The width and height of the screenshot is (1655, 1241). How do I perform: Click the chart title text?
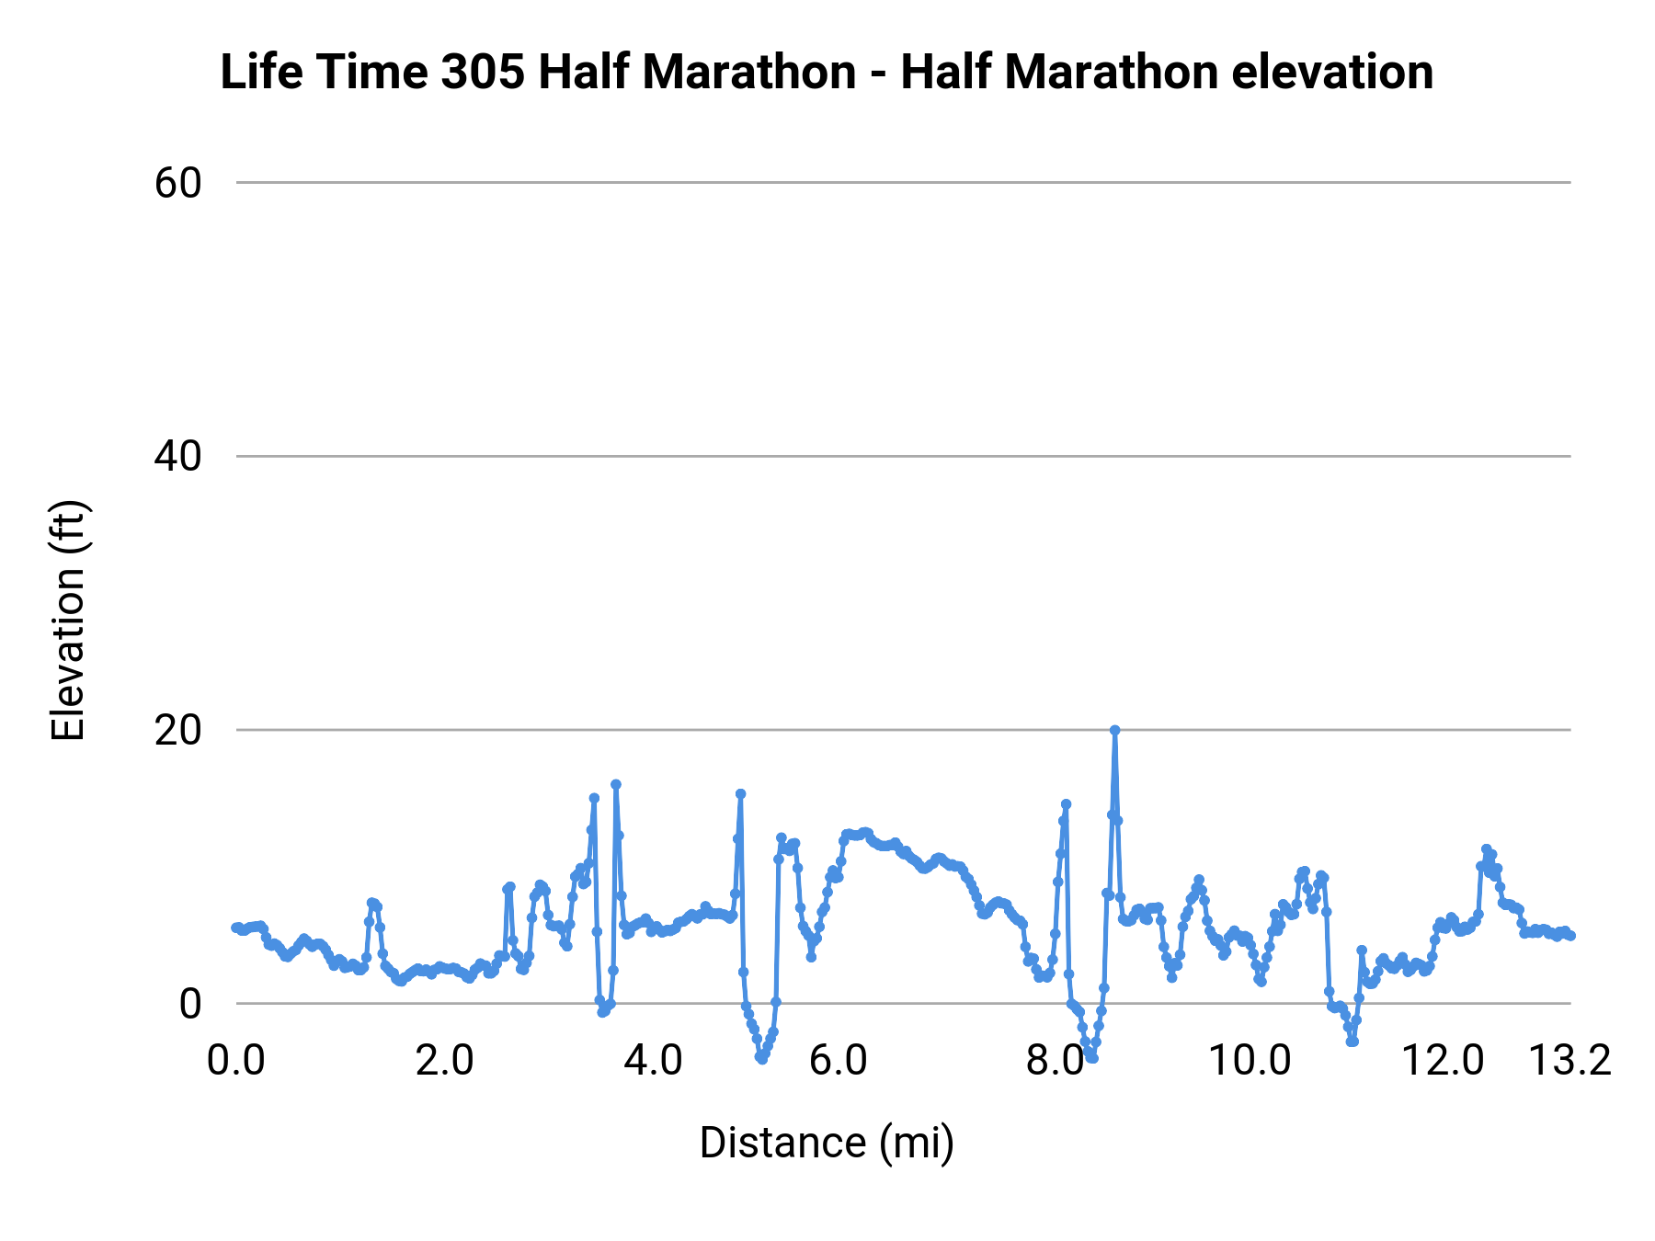(x=826, y=72)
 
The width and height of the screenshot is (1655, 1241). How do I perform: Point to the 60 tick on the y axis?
(x=177, y=183)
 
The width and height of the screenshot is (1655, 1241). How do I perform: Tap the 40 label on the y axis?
(x=177, y=456)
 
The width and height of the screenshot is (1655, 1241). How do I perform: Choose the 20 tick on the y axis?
(x=177, y=730)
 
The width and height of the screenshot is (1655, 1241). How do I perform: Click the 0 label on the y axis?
(x=189, y=1003)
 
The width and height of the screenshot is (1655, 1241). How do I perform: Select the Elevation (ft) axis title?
(x=67, y=620)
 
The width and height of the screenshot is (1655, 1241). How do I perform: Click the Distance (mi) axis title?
(x=826, y=1143)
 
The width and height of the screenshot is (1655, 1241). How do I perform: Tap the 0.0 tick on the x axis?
(x=236, y=1061)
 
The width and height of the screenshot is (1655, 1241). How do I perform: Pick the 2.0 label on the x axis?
(x=444, y=1061)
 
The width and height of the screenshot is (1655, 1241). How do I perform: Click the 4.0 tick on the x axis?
(x=653, y=1061)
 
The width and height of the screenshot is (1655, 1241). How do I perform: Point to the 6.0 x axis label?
(x=838, y=1061)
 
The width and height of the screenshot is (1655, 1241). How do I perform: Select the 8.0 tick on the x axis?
(x=1055, y=1061)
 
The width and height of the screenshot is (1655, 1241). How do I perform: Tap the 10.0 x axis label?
(x=1249, y=1061)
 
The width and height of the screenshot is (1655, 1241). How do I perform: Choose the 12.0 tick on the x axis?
(x=1442, y=1061)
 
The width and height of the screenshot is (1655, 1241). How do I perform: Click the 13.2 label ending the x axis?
(x=1569, y=1061)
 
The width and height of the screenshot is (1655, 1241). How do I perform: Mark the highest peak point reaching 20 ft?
(x=1114, y=730)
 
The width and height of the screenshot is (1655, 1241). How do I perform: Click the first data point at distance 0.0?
(x=236, y=928)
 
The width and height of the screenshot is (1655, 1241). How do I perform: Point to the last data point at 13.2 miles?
(x=1570, y=936)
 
